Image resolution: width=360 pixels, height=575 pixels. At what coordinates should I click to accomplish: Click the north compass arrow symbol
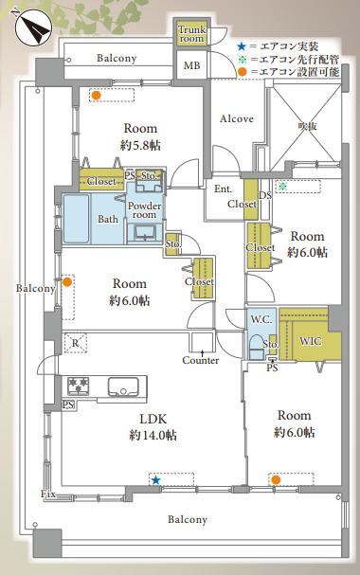click(x=33, y=27)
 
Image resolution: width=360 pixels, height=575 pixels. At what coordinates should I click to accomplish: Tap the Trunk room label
click(x=191, y=34)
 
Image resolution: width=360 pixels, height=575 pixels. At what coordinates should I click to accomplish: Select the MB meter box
click(x=191, y=65)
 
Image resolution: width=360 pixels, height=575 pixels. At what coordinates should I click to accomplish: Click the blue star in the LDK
click(x=156, y=480)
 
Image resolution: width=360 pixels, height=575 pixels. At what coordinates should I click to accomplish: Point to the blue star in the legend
click(x=241, y=46)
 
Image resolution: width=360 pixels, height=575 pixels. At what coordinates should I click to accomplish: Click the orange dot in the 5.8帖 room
click(x=96, y=96)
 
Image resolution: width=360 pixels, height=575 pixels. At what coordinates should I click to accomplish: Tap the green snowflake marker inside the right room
click(x=281, y=187)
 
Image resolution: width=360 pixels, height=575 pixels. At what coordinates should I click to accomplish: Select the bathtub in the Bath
click(x=76, y=219)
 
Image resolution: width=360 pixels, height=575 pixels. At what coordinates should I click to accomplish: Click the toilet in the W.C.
click(x=256, y=348)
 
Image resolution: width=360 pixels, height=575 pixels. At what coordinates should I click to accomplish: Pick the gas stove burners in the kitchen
click(x=78, y=386)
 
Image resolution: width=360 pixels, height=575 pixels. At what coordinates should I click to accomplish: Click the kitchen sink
click(x=123, y=386)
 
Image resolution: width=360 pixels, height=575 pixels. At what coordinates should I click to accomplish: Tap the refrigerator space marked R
click(x=75, y=343)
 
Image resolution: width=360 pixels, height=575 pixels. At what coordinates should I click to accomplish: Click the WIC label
click(x=311, y=341)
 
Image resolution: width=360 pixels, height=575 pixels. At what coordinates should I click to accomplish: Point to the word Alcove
click(x=237, y=118)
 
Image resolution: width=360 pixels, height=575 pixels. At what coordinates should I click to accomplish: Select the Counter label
click(x=201, y=361)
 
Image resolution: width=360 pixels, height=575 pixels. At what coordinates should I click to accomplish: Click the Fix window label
click(x=48, y=494)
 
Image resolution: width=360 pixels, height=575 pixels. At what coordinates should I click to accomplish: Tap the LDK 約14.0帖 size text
click(x=153, y=436)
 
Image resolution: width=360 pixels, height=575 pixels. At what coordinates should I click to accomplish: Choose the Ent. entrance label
click(x=223, y=189)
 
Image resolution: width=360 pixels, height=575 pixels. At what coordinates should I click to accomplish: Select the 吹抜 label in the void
click(x=307, y=127)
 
